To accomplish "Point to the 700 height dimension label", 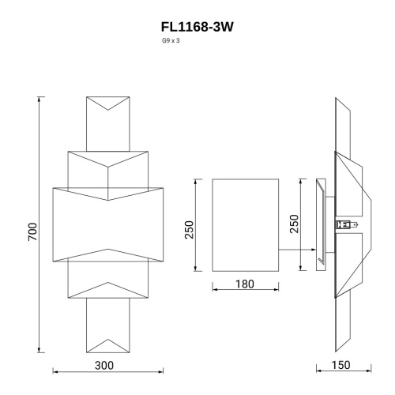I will [32, 231].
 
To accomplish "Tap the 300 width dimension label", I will [104, 365].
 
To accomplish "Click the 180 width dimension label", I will [246, 284].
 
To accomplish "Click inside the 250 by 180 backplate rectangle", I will [246, 224].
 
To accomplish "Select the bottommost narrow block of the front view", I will [107, 324].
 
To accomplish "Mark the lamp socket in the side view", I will [344, 224].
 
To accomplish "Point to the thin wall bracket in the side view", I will [322, 224].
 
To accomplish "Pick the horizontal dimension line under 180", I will [246, 291].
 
